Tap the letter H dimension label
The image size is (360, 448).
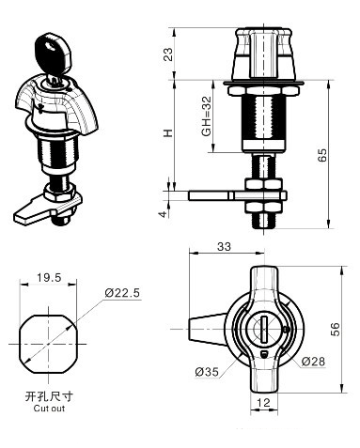coord(167,134)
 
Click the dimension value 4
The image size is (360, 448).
coord(162,214)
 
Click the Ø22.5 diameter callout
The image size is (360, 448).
coord(122,294)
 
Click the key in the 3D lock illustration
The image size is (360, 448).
coord(50,53)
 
